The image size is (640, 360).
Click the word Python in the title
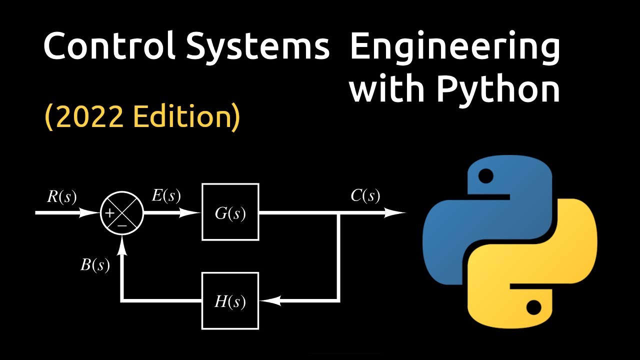(497, 90)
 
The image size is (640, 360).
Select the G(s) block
(230, 212)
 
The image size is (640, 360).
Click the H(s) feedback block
(230, 301)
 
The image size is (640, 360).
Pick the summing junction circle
(122, 212)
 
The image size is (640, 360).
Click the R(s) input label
(62, 196)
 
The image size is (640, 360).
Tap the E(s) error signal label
(166, 195)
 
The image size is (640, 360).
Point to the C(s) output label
(365, 195)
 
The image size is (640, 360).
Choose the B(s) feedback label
(95, 264)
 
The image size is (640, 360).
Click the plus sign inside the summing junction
(109, 213)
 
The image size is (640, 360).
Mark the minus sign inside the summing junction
(122, 225)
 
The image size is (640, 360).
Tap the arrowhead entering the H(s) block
(270, 301)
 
